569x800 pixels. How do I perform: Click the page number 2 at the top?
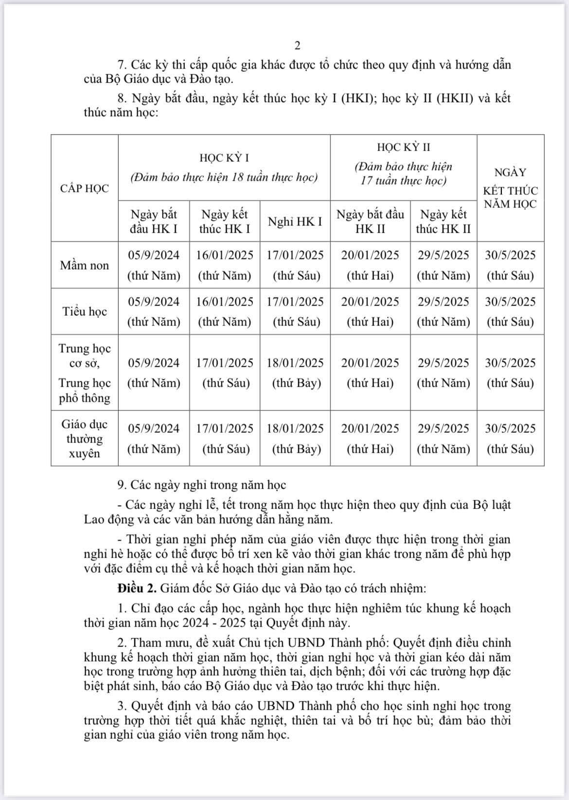click(298, 46)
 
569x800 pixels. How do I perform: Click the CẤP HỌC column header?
click(85, 188)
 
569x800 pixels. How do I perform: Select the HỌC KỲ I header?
click(224, 158)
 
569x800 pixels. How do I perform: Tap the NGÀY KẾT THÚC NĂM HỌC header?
click(510, 188)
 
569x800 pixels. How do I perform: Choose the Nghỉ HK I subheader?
click(295, 221)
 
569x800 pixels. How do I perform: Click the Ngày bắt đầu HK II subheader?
click(370, 221)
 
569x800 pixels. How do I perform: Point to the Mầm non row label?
click(85, 265)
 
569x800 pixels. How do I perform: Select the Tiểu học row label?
click(85, 311)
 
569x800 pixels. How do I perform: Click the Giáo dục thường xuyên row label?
click(85, 439)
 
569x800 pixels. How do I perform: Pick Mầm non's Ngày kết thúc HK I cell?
click(225, 265)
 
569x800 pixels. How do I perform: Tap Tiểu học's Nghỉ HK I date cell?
click(295, 311)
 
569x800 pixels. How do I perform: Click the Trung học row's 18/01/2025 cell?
click(295, 373)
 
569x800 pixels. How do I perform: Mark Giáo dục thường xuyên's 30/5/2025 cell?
click(510, 439)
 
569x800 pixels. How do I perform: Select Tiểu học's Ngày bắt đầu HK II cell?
click(370, 311)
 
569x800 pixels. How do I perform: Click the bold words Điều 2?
click(137, 588)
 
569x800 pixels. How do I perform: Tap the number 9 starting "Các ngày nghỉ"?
click(121, 485)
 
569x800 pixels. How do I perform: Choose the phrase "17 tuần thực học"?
click(403, 181)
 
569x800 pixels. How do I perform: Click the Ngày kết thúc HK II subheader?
click(443, 221)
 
